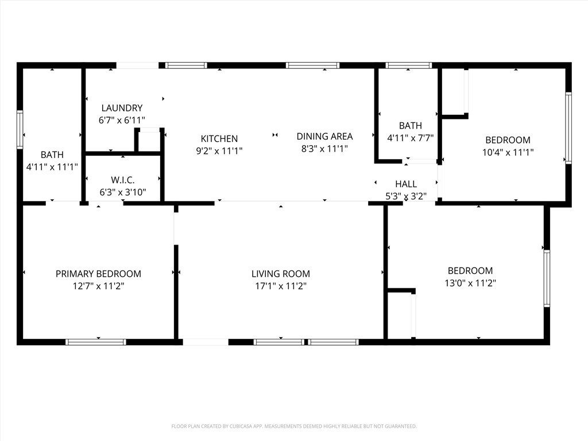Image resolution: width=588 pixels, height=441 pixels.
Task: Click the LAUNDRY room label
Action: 122,108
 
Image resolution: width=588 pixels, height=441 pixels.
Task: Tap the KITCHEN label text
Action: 219,139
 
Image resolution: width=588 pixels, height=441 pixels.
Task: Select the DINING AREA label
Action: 324,137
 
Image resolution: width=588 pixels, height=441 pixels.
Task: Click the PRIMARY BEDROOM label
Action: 98,274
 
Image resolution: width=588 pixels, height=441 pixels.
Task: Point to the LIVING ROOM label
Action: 281,274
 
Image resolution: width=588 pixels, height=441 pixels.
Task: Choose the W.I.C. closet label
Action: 123,180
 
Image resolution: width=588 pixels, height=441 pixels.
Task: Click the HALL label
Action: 406,184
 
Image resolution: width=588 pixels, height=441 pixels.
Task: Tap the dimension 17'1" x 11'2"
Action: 281,286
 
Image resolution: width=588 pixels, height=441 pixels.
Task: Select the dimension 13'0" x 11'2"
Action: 470,283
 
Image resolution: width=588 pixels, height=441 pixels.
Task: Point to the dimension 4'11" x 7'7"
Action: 410,138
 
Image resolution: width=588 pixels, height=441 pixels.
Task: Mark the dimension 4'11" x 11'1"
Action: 52,167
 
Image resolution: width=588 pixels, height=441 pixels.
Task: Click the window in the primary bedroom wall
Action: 96,342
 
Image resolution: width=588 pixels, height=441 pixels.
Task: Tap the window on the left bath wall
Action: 20,130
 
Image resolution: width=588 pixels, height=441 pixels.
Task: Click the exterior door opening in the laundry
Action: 138,65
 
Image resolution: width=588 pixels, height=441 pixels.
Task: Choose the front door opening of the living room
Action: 206,342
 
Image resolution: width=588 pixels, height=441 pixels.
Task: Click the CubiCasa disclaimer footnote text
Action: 294,426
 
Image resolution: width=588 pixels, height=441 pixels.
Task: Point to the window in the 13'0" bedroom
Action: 547,278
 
